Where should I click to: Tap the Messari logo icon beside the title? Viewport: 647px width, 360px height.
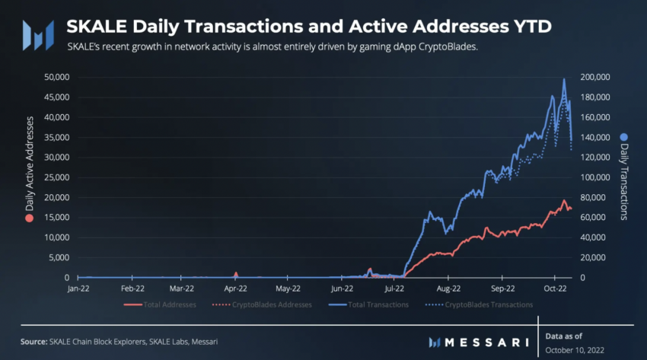point(38,35)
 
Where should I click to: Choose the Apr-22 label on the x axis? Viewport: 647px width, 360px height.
point(236,289)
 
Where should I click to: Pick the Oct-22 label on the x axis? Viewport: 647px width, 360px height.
point(557,289)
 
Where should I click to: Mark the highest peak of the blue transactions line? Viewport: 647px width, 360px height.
point(564,79)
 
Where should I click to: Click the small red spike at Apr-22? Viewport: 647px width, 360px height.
point(236,272)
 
